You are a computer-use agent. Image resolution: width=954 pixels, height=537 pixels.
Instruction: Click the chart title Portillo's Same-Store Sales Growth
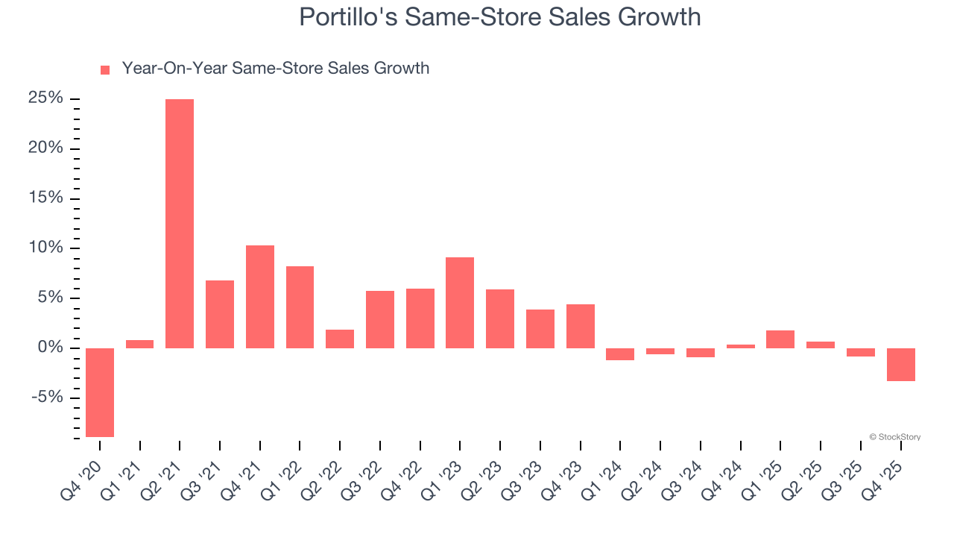click(499, 16)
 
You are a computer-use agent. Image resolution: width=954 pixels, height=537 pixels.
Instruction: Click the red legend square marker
click(105, 69)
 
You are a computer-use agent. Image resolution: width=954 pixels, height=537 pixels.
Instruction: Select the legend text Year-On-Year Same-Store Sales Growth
click(275, 69)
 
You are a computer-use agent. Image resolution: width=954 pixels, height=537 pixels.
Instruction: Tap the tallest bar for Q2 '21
click(180, 224)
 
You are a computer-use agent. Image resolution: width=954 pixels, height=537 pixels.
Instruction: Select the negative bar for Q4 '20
click(100, 392)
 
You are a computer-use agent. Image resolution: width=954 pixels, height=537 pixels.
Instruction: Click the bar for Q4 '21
click(260, 297)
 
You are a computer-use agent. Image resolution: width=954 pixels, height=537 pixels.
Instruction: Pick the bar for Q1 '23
click(460, 303)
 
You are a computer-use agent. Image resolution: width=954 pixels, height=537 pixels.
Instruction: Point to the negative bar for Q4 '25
click(901, 365)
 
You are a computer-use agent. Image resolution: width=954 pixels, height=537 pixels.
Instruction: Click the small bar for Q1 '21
click(139, 344)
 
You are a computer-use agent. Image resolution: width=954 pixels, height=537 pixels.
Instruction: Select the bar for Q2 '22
click(340, 339)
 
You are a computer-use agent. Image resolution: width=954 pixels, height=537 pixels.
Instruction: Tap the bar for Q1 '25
click(780, 339)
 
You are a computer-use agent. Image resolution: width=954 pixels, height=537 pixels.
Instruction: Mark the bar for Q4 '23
click(581, 326)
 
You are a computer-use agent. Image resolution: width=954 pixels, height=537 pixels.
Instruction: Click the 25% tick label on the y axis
click(45, 98)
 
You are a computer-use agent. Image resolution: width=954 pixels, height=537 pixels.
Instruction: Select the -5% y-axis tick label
click(48, 398)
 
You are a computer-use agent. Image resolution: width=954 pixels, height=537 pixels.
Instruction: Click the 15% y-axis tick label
click(45, 198)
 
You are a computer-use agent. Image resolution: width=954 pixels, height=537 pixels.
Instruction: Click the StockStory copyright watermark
click(894, 437)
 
